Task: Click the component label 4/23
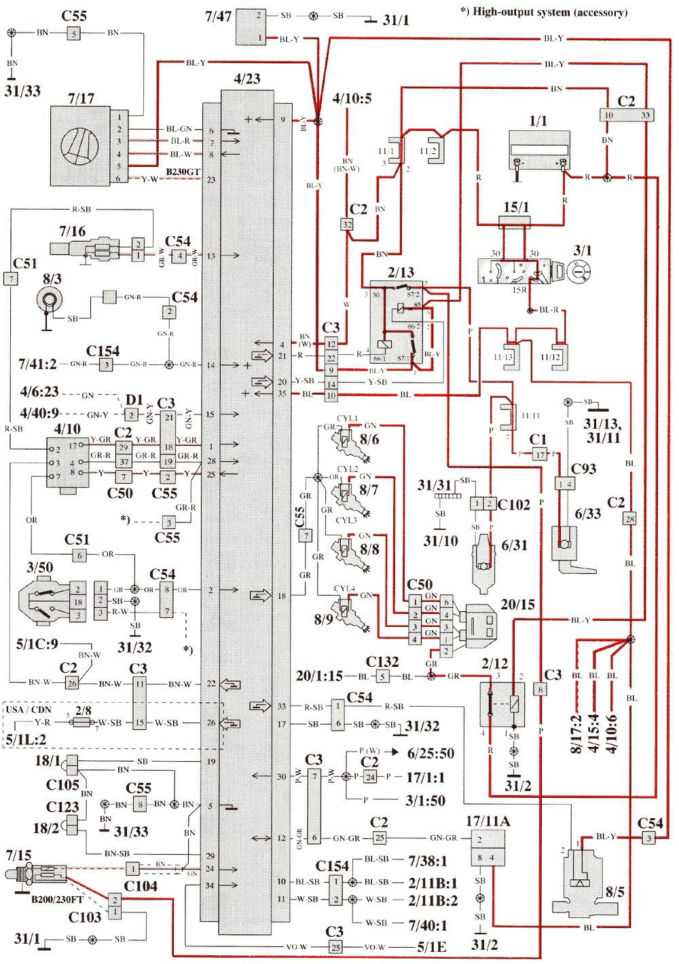(x=247, y=79)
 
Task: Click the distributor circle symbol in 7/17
(x=80, y=147)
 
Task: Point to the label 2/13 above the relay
(x=401, y=272)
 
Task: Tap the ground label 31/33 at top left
(x=22, y=91)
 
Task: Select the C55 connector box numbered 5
(x=74, y=33)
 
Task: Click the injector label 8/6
(x=369, y=440)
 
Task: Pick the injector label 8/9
(x=324, y=619)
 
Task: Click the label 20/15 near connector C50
(x=518, y=604)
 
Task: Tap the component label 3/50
(x=39, y=567)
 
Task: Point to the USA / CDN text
(x=28, y=710)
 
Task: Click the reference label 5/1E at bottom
(x=432, y=947)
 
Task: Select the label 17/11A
(x=488, y=822)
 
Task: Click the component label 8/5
(x=614, y=891)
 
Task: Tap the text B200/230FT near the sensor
(x=57, y=900)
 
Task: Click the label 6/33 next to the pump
(x=588, y=514)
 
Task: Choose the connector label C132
(x=382, y=661)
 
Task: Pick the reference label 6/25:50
(x=430, y=753)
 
